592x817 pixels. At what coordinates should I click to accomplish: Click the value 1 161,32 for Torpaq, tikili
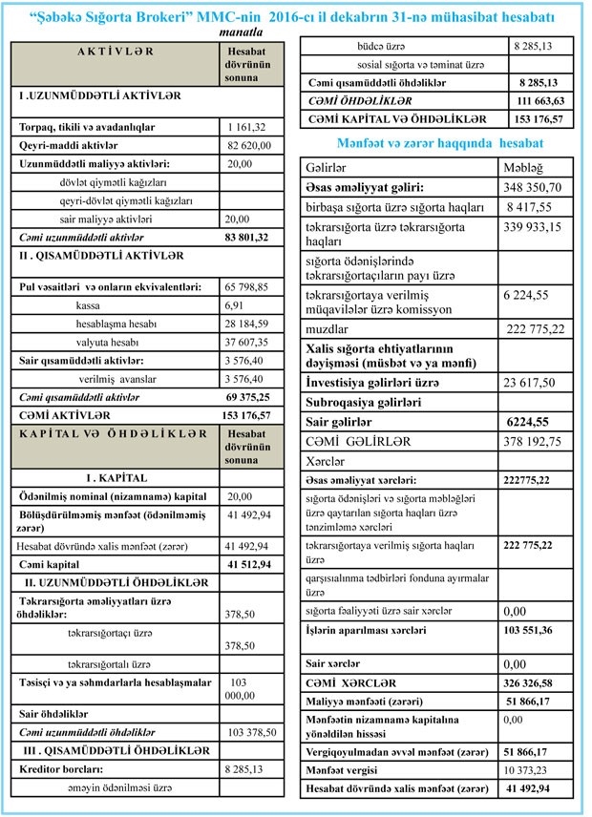[245, 127]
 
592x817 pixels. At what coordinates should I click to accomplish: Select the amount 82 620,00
[249, 144]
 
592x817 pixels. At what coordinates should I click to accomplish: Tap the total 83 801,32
[249, 237]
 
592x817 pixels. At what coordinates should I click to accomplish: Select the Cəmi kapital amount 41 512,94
[250, 564]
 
